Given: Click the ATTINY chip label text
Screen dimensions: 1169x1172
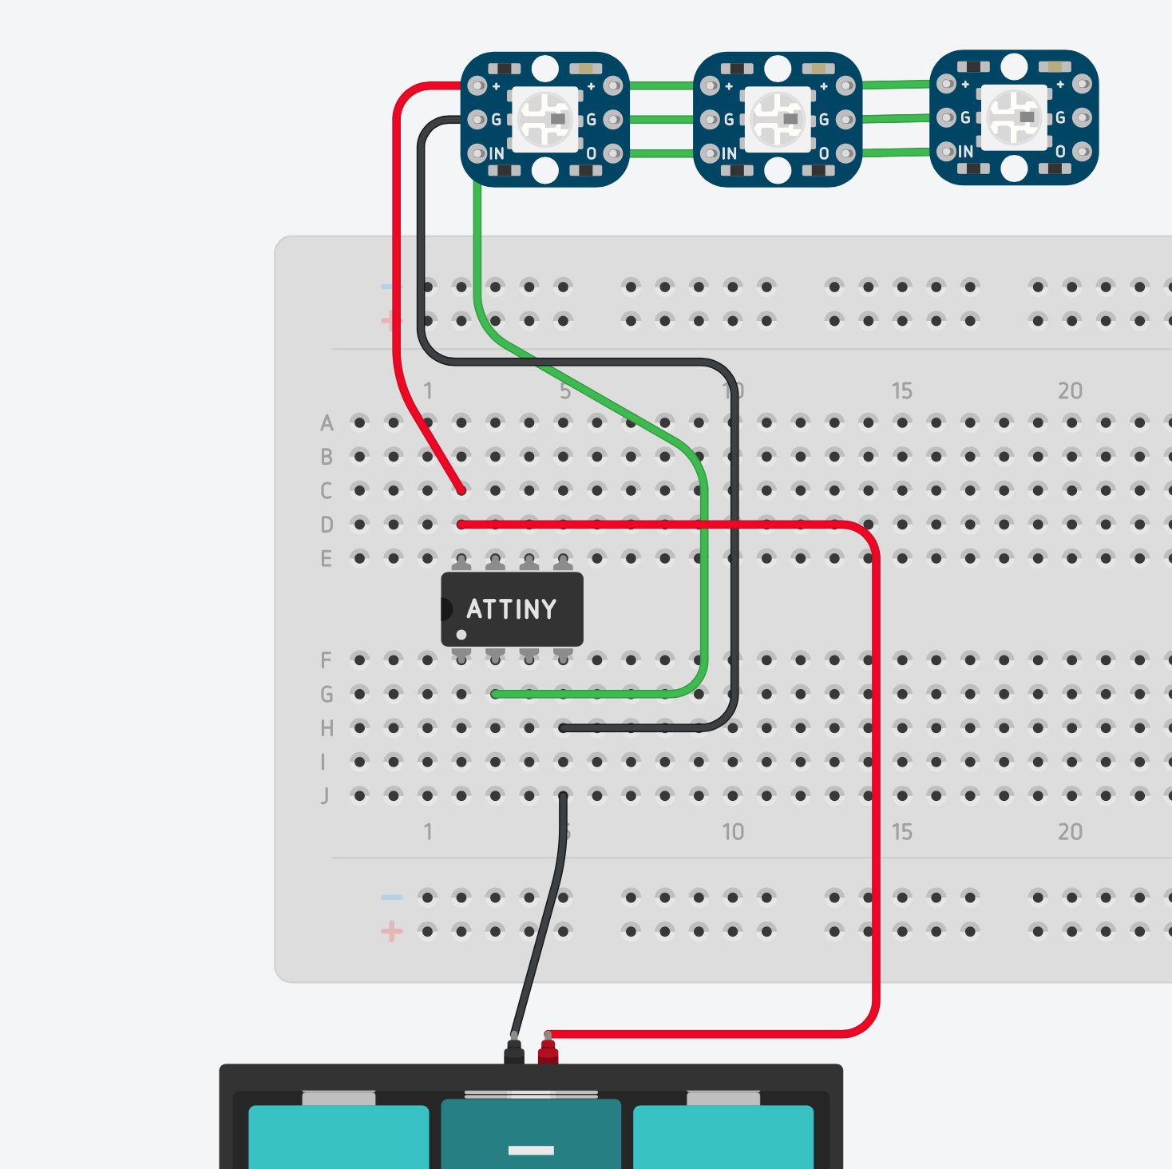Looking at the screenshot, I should pos(512,609).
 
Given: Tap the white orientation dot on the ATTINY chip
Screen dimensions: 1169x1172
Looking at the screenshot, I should pos(461,635).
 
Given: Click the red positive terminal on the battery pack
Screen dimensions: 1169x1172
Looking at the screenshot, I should pos(548,1052).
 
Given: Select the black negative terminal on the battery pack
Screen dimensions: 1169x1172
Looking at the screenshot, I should pos(514,1052).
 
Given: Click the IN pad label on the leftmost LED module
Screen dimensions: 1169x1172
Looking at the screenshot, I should pos(497,153).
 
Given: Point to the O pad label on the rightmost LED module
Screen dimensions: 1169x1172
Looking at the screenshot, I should pos(1060,152).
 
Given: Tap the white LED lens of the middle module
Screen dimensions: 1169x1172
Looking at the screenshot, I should pos(778,119).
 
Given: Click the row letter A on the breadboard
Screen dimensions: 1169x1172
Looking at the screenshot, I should pos(327,423).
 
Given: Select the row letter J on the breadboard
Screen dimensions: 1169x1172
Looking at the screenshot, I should pos(325,796).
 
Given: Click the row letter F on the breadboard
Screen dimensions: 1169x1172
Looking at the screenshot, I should pos(326,660).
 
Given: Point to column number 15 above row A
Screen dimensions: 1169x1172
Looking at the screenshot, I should pos(902,391).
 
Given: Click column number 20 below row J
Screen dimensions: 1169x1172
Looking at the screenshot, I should pos(1071,832).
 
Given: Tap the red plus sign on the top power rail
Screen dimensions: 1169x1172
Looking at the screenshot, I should pos(390,321).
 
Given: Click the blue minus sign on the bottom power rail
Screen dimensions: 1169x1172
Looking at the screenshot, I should pos(391,898).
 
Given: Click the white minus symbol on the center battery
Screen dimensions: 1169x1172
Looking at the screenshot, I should pos(531,1151).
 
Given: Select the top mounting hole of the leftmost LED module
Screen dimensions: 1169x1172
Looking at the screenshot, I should pos(545,68).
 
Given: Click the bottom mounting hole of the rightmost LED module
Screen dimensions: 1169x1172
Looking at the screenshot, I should pos(1014,168).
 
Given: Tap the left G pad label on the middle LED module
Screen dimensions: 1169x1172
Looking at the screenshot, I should pos(729,120).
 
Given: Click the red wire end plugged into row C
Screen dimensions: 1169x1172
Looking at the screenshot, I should pos(461,489).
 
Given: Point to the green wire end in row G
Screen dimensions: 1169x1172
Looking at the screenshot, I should pos(496,694).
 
